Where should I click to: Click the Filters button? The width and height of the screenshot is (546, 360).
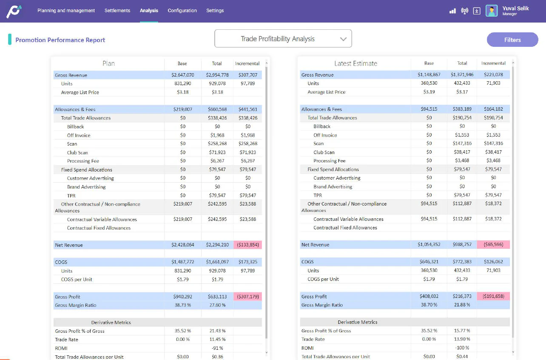pyautogui.click(x=512, y=40)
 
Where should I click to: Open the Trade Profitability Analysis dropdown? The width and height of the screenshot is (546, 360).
pyautogui.click(x=283, y=39)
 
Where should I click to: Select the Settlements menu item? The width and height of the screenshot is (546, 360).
pyautogui.click(x=117, y=11)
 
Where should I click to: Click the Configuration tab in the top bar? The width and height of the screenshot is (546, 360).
pyautogui.click(x=182, y=11)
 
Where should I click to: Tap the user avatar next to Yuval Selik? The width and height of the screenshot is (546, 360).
pyautogui.click(x=492, y=11)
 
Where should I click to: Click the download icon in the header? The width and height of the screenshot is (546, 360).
pyautogui.click(x=477, y=11)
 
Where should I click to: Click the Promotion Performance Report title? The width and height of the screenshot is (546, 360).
pyautogui.click(x=60, y=40)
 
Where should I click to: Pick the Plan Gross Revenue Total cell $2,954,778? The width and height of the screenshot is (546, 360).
pyautogui.click(x=217, y=75)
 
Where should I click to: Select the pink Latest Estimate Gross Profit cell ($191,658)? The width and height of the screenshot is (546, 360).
pyautogui.click(x=493, y=296)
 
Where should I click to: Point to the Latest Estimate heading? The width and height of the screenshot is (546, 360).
pyautogui.click(x=355, y=63)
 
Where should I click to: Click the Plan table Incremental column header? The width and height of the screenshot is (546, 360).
pyautogui.click(x=247, y=63)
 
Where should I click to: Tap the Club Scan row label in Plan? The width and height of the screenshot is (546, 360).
pyautogui.click(x=77, y=152)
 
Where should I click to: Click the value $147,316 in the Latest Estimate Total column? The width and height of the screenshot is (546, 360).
pyautogui.click(x=462, y=143)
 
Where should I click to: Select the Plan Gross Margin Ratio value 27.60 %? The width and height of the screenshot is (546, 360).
pyautogui.click(x=217, y=305)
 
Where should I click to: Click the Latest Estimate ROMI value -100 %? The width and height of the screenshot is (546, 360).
pyautogui.click(x=462, y=348)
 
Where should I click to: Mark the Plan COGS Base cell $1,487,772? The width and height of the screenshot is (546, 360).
pyautogui.click(x=182, y=262)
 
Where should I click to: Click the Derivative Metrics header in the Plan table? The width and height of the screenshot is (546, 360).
pyautogui.click(x=111, y=322)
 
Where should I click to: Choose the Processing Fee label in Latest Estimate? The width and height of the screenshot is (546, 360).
pyautogui.click(x=329, y=161)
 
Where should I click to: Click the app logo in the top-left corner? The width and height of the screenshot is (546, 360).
pyautogui.click(x=14, y=11)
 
